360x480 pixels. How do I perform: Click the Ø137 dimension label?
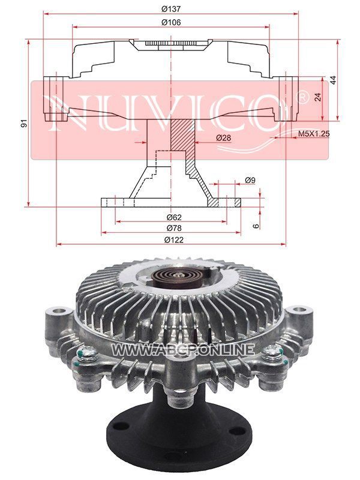click(x=171, y=9)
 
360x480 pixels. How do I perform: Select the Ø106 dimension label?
click(x=171, y=22)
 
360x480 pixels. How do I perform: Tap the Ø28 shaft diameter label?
click(x=223, y=138)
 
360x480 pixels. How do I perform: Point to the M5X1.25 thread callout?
click(x=313, y=134)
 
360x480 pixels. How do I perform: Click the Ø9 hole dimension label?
click(x=250, y=181)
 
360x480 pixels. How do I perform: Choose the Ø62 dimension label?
click(x=174, y=217)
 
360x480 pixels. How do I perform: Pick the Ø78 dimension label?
click(x=174, y=228)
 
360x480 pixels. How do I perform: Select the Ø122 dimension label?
click(x=174, y=239)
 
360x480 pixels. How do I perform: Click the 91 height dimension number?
click(x=24, y=123)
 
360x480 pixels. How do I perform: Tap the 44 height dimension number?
click(x=333, y=80)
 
